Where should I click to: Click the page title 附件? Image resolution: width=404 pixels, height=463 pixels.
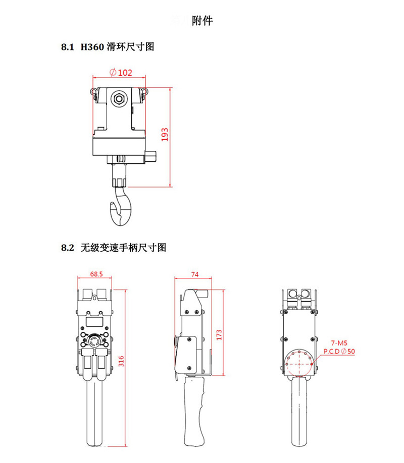point(203,21)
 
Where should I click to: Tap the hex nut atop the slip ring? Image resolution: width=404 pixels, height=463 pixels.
point(119,98)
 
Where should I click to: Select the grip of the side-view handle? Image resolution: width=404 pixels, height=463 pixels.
point(194,409)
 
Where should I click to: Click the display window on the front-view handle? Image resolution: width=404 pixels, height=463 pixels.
point(94,321)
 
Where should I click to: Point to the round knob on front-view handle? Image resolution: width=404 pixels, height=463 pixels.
point(95,341)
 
